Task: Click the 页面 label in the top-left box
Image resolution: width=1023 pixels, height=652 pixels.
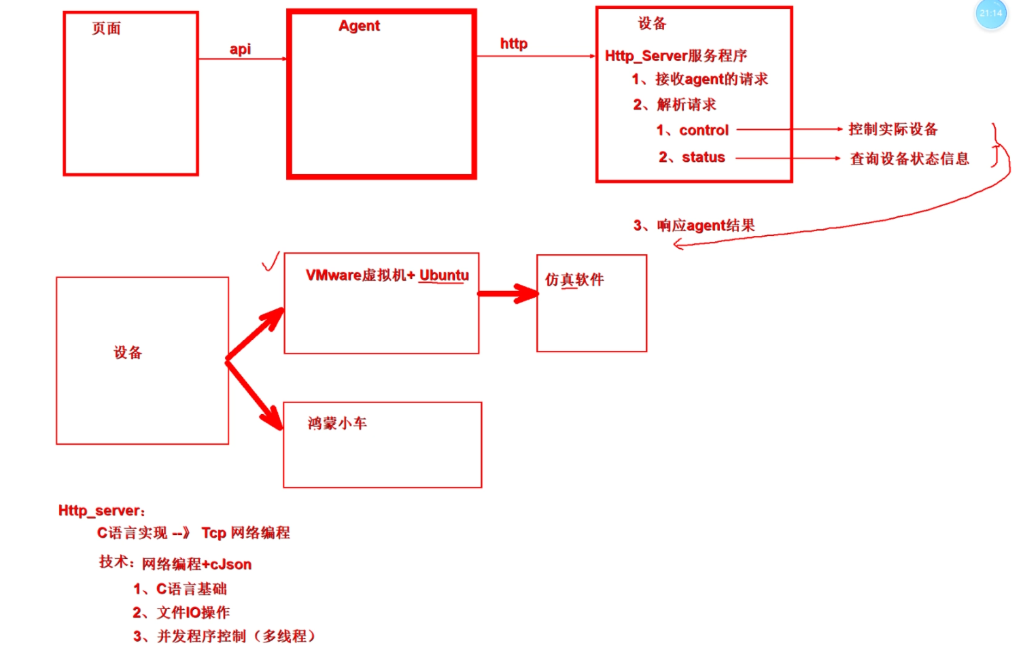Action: (x=107, y=29)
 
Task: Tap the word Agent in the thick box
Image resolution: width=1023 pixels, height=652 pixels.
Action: (x=359, y=26)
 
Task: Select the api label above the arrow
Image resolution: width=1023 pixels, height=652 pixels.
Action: (x=240, y=49)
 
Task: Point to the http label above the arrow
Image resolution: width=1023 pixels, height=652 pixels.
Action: (x=513, y=44)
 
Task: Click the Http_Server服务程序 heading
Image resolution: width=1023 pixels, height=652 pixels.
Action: (x=676, y=56)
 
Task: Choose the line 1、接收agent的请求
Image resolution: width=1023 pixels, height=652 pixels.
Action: (x=699, y=80)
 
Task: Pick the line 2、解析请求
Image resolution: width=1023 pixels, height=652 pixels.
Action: (x=674, y=105)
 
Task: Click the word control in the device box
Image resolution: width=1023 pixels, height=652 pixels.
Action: (x=704, y=130)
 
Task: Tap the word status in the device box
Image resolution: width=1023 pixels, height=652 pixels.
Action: (x=703, y=158)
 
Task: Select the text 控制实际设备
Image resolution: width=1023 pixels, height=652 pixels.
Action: (x=892, y=129)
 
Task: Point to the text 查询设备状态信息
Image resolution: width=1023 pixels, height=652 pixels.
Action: (x=909, y=159)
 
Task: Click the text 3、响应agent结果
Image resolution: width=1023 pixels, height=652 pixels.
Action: (x=694, y=226)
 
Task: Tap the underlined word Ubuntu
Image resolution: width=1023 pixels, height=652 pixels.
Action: (x=444, y=275)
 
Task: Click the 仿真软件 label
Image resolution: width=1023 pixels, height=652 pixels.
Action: (x=574, y=279)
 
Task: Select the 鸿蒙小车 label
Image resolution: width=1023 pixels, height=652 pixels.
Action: (x=337, y=424)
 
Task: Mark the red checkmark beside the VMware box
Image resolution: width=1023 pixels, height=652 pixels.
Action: (x=271, y=262)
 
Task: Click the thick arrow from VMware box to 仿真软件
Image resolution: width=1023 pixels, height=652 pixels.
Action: (x=507, y=294)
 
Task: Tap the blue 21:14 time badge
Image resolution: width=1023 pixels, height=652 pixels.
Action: (x=990, y=14)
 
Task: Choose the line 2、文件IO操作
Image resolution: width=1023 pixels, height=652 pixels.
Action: (x=181, y=613)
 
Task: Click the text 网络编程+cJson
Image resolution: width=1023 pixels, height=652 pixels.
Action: (x=196, y=564)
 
